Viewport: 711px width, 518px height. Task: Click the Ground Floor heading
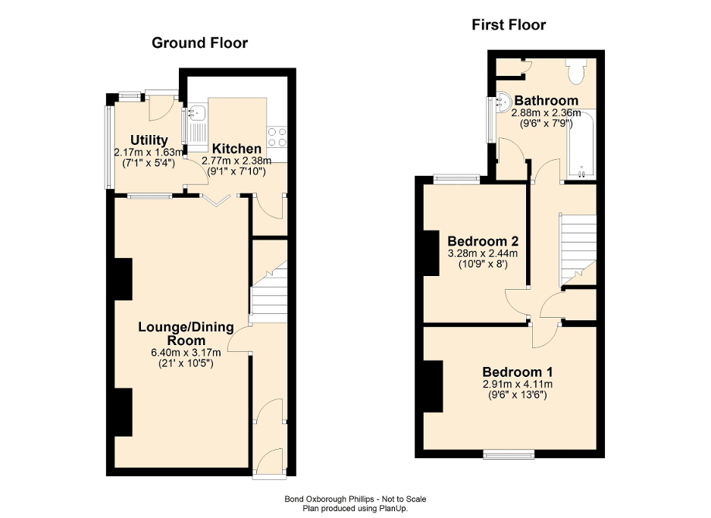click(199, 42)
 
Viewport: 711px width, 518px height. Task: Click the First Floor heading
click(508, 25)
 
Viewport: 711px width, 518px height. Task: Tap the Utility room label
click(149, 140)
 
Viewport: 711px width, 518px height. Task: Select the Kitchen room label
click(236, 149)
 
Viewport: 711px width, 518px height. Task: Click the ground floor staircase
click(268, 295)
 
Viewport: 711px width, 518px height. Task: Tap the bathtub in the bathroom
click(580, 144)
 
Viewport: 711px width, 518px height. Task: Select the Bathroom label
click(546, 100)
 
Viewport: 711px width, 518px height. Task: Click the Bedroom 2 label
click(482, 240)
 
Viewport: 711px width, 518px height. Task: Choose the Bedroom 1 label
click(518, 372)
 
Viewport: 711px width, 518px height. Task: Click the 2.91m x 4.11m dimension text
click(518, 385)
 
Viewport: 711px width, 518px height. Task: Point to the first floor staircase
click(578, 250)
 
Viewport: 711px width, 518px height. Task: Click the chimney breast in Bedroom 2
click(431, 253)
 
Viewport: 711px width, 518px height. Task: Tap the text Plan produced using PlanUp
click(355, 507)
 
